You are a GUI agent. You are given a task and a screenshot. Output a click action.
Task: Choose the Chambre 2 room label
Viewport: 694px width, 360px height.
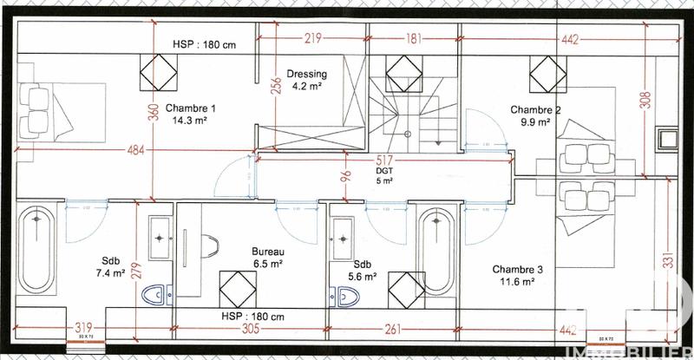(x=535, y=116)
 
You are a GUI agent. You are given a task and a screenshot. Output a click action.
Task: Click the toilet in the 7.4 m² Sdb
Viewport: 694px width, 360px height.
(x=154, y=293)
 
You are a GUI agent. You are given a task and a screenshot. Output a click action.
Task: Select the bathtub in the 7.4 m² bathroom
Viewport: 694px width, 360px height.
(x=37, y=251)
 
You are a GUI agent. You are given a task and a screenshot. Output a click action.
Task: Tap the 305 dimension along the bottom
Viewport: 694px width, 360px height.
(x=249, y=329)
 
